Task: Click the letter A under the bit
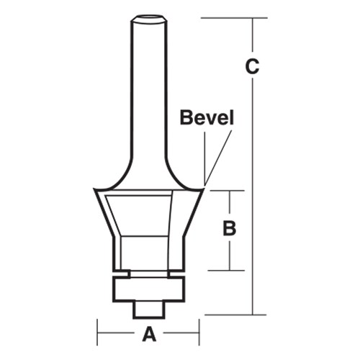149,333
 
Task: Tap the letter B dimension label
230,230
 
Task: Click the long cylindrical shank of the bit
149,86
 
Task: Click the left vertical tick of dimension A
98,333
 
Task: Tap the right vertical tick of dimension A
199,333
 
